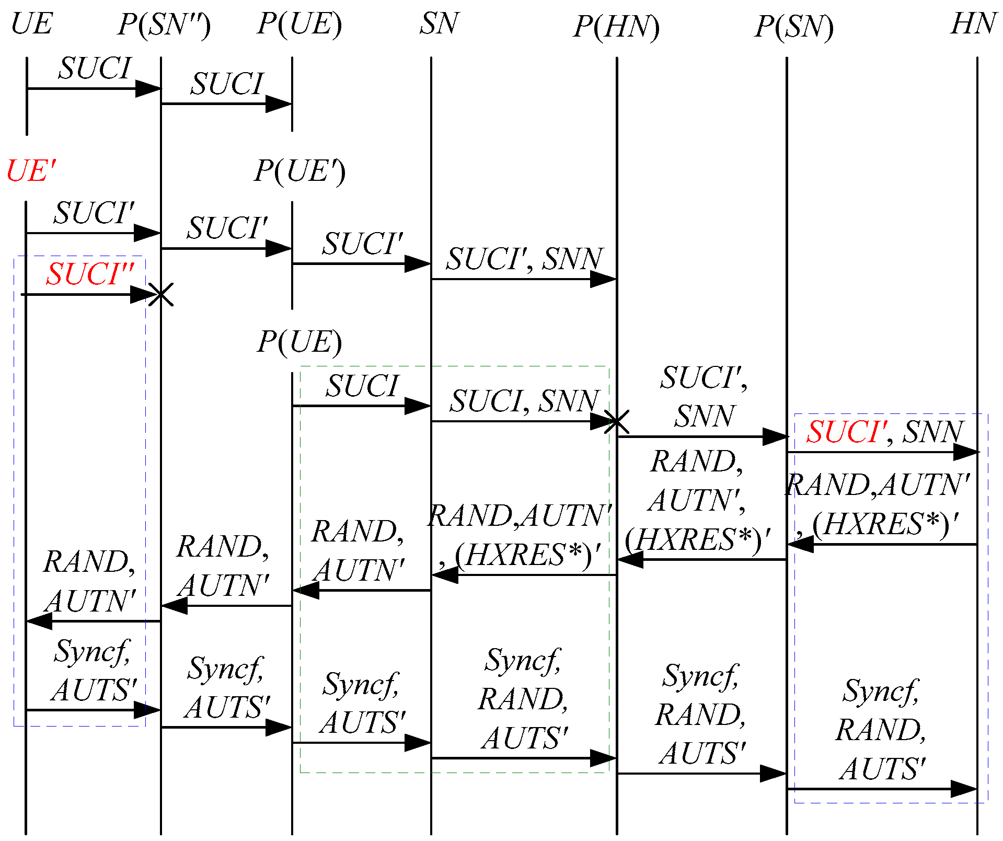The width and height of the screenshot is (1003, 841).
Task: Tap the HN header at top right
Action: point(973,24)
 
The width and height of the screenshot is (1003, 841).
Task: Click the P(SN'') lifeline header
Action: point(164,25)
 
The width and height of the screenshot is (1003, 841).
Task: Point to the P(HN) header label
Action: point(616,27)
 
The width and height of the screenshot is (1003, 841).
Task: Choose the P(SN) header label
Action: point(794,27)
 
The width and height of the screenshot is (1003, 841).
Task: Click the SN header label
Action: point(439,24)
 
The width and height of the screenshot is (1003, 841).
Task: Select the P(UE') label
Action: point(299,171)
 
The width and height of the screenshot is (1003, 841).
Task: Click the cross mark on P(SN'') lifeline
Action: point(161,295)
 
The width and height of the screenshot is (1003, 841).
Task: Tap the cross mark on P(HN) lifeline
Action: point(617,421)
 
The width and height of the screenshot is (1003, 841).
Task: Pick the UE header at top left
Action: point(31,24)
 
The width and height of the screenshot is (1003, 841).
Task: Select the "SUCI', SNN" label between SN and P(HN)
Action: point(524,259)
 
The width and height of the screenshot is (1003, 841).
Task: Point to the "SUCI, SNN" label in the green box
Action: point(524,401)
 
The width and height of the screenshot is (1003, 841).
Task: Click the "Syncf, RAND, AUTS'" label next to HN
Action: point(881,730)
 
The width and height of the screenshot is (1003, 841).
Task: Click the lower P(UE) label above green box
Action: point(299,342)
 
